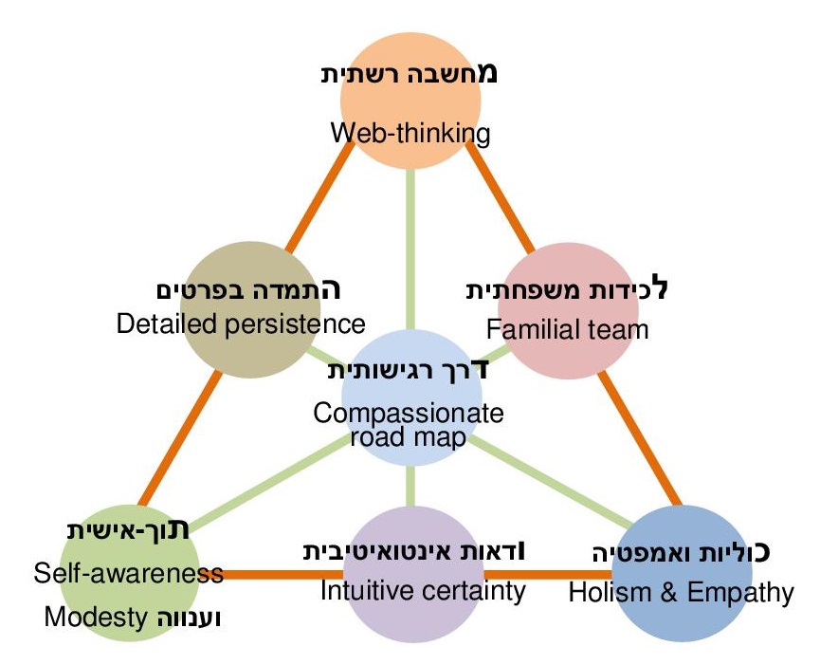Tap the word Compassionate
click(x=409, y=415)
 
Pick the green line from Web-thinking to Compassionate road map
click(x=410, y=247)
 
